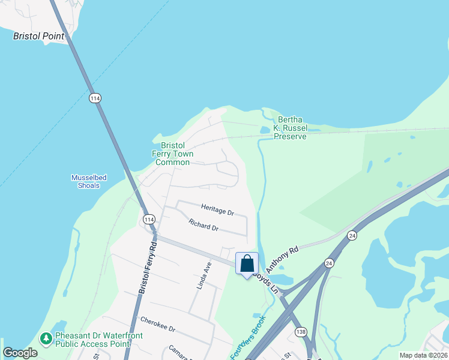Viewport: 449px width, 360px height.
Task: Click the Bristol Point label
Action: point(39,36)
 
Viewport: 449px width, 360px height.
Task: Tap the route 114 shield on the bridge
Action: point(95,98)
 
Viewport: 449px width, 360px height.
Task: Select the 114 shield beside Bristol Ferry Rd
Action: point(149,220)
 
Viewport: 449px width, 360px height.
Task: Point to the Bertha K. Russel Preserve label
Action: point(290,128)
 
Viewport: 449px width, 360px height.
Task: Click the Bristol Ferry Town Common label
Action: point(172,154)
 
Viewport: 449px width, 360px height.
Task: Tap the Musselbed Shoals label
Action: point(85,181)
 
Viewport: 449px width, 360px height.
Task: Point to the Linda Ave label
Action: point(205,276)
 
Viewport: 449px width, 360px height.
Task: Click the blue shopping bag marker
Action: point(247,264)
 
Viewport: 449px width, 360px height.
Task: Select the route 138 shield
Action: point(301,331)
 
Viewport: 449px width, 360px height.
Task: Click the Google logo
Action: point(20,353)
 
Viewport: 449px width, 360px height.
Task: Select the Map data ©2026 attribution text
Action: point(423,355)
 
